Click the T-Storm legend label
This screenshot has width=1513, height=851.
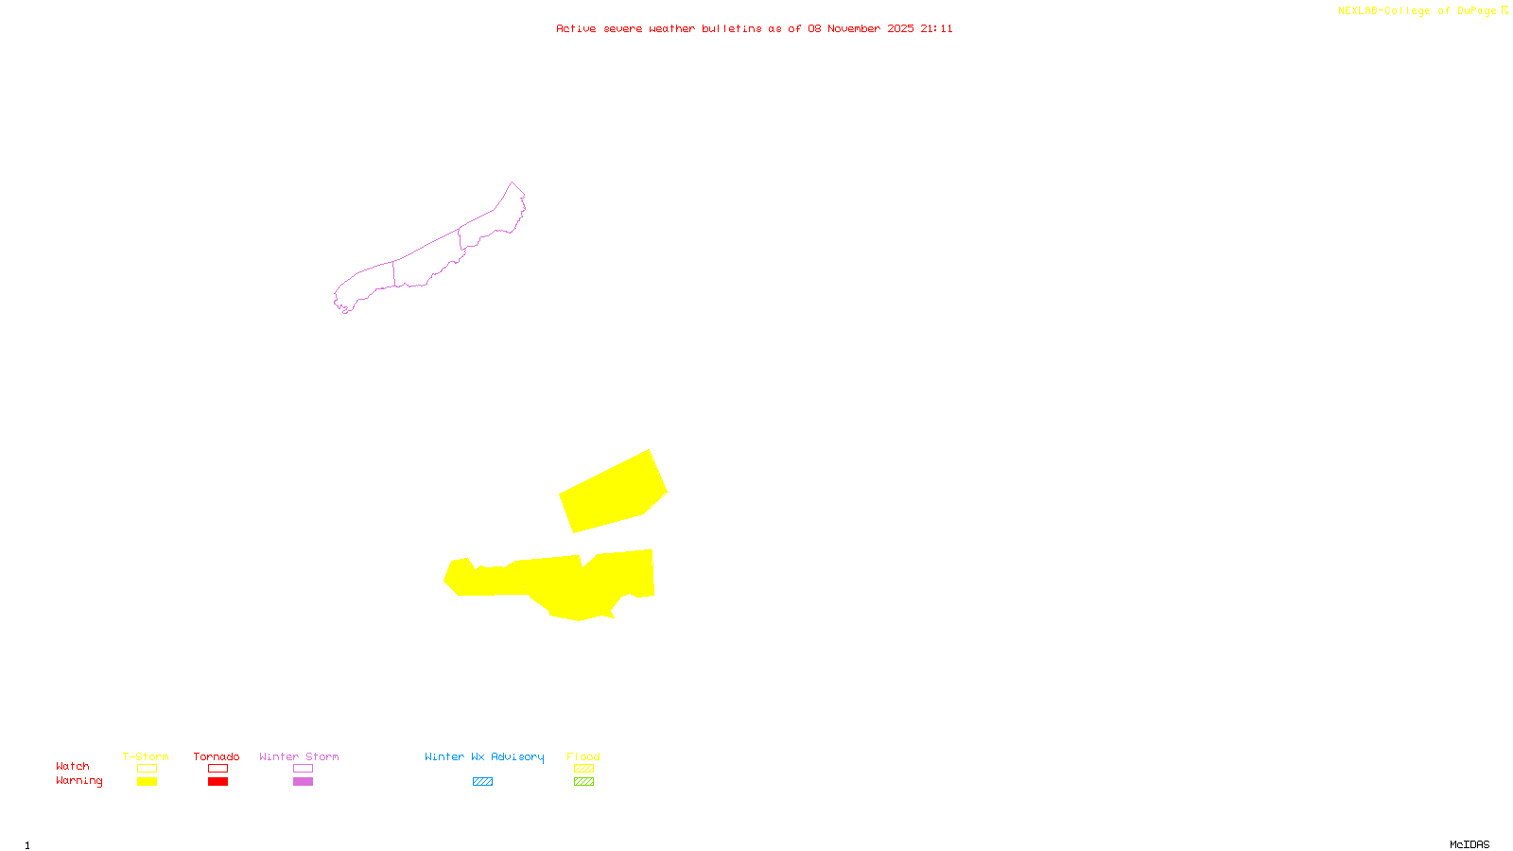click(146, 756)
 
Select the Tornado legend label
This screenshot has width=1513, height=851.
click(217, 756)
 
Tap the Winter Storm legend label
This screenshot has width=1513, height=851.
click(299, 756)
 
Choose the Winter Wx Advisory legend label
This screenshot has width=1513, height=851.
click(484, 756)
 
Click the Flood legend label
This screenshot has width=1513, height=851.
click(583, 756)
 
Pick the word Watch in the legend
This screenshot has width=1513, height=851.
click(73, 766)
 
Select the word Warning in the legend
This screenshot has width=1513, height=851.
click(78, 781)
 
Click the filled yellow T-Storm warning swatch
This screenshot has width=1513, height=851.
click(147, 782)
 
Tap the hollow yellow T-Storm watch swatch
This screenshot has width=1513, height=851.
click(147, 769)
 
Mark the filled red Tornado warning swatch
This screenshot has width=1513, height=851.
click(217, 782)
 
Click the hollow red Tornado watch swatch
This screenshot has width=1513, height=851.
click(217, 769)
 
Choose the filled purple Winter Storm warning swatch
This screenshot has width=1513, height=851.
click(303, 782)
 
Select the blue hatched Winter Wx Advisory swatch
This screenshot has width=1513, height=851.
click(482, 782)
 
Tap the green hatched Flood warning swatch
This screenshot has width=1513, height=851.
click(583, 782)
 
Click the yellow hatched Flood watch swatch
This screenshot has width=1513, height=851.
click(583, 769)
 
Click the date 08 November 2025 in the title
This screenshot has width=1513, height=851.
click(861, 28)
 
